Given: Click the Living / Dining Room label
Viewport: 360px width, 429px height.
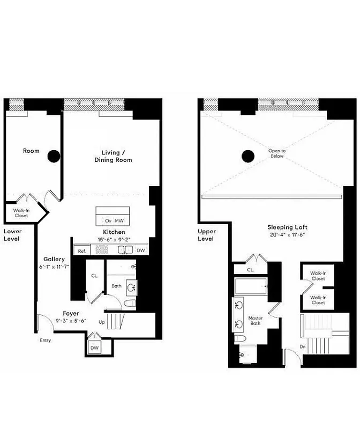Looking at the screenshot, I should [113, 156].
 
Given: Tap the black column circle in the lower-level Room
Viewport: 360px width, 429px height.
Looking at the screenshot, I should [53, 156].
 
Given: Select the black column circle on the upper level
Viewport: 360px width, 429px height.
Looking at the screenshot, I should [247, 156].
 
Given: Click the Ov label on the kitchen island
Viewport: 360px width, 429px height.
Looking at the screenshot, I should [108, 220].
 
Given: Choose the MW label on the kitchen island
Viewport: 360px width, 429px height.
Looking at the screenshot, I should [120, 220].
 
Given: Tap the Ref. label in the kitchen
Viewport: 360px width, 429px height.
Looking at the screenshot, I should [82, 250].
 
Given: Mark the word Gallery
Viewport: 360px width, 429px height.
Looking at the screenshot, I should [54, 259].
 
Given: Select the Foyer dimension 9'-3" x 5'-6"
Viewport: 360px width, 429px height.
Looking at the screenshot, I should [71, 320].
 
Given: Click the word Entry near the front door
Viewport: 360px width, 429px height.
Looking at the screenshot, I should [46, 340].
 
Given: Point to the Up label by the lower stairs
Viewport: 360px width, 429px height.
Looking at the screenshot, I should [102, 322].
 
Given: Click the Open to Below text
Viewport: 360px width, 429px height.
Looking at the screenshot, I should [277, 154].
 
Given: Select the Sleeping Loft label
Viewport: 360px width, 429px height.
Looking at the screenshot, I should [287, 227].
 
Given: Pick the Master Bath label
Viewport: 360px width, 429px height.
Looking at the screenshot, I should [254, 321].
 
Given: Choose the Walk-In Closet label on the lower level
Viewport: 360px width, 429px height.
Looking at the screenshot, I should [21, 213].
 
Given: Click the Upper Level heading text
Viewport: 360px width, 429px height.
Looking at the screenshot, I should [206, 235].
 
